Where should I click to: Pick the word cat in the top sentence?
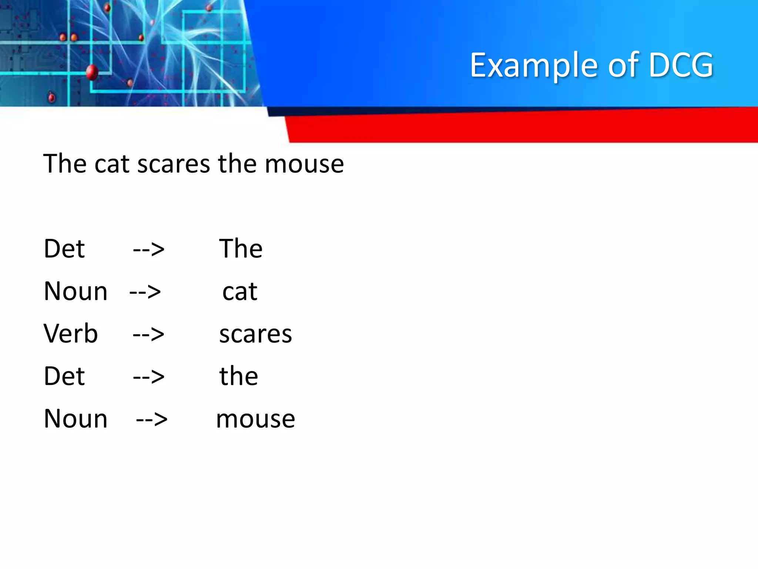coord(112,164)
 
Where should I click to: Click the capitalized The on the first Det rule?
coord(241,249)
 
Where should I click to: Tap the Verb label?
coord(70,333)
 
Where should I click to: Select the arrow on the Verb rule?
coord(148,335)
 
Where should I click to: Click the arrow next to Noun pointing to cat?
coord(145,292)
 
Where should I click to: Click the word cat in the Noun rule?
coord(240,292)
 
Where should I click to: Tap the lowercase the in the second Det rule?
coord(238,376)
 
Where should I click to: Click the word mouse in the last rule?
coord(255,419)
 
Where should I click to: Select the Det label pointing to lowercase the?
coord(64,376)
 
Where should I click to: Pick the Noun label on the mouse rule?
coord(76,419)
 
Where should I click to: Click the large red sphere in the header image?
coord(92,72)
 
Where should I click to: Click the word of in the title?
coord(623,65)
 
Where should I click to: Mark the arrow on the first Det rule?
coord(148,249)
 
